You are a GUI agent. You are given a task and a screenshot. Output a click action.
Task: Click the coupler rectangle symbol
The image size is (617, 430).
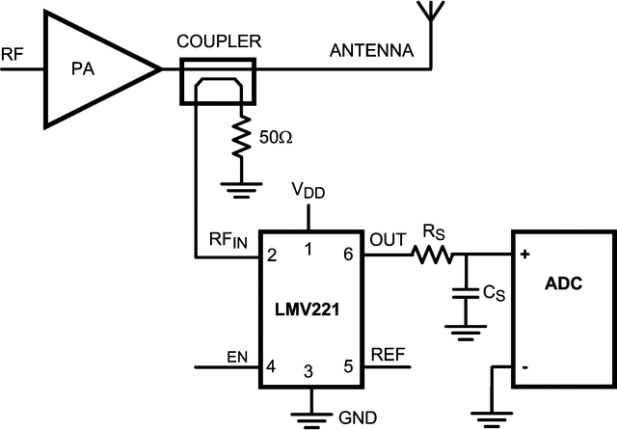pos(218,81)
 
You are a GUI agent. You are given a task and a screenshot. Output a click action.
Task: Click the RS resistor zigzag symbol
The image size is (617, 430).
pos(430,255)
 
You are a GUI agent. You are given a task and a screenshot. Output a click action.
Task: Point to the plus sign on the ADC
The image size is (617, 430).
pos(525,255)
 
